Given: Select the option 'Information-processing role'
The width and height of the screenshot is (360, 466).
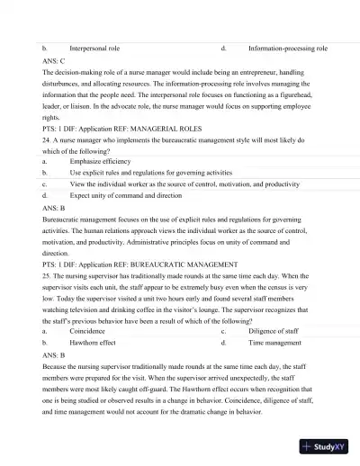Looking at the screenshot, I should point(287,45).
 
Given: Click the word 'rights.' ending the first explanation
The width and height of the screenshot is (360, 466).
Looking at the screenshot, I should point(52,117).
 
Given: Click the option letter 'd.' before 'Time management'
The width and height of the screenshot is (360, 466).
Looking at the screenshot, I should point(223,343).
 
